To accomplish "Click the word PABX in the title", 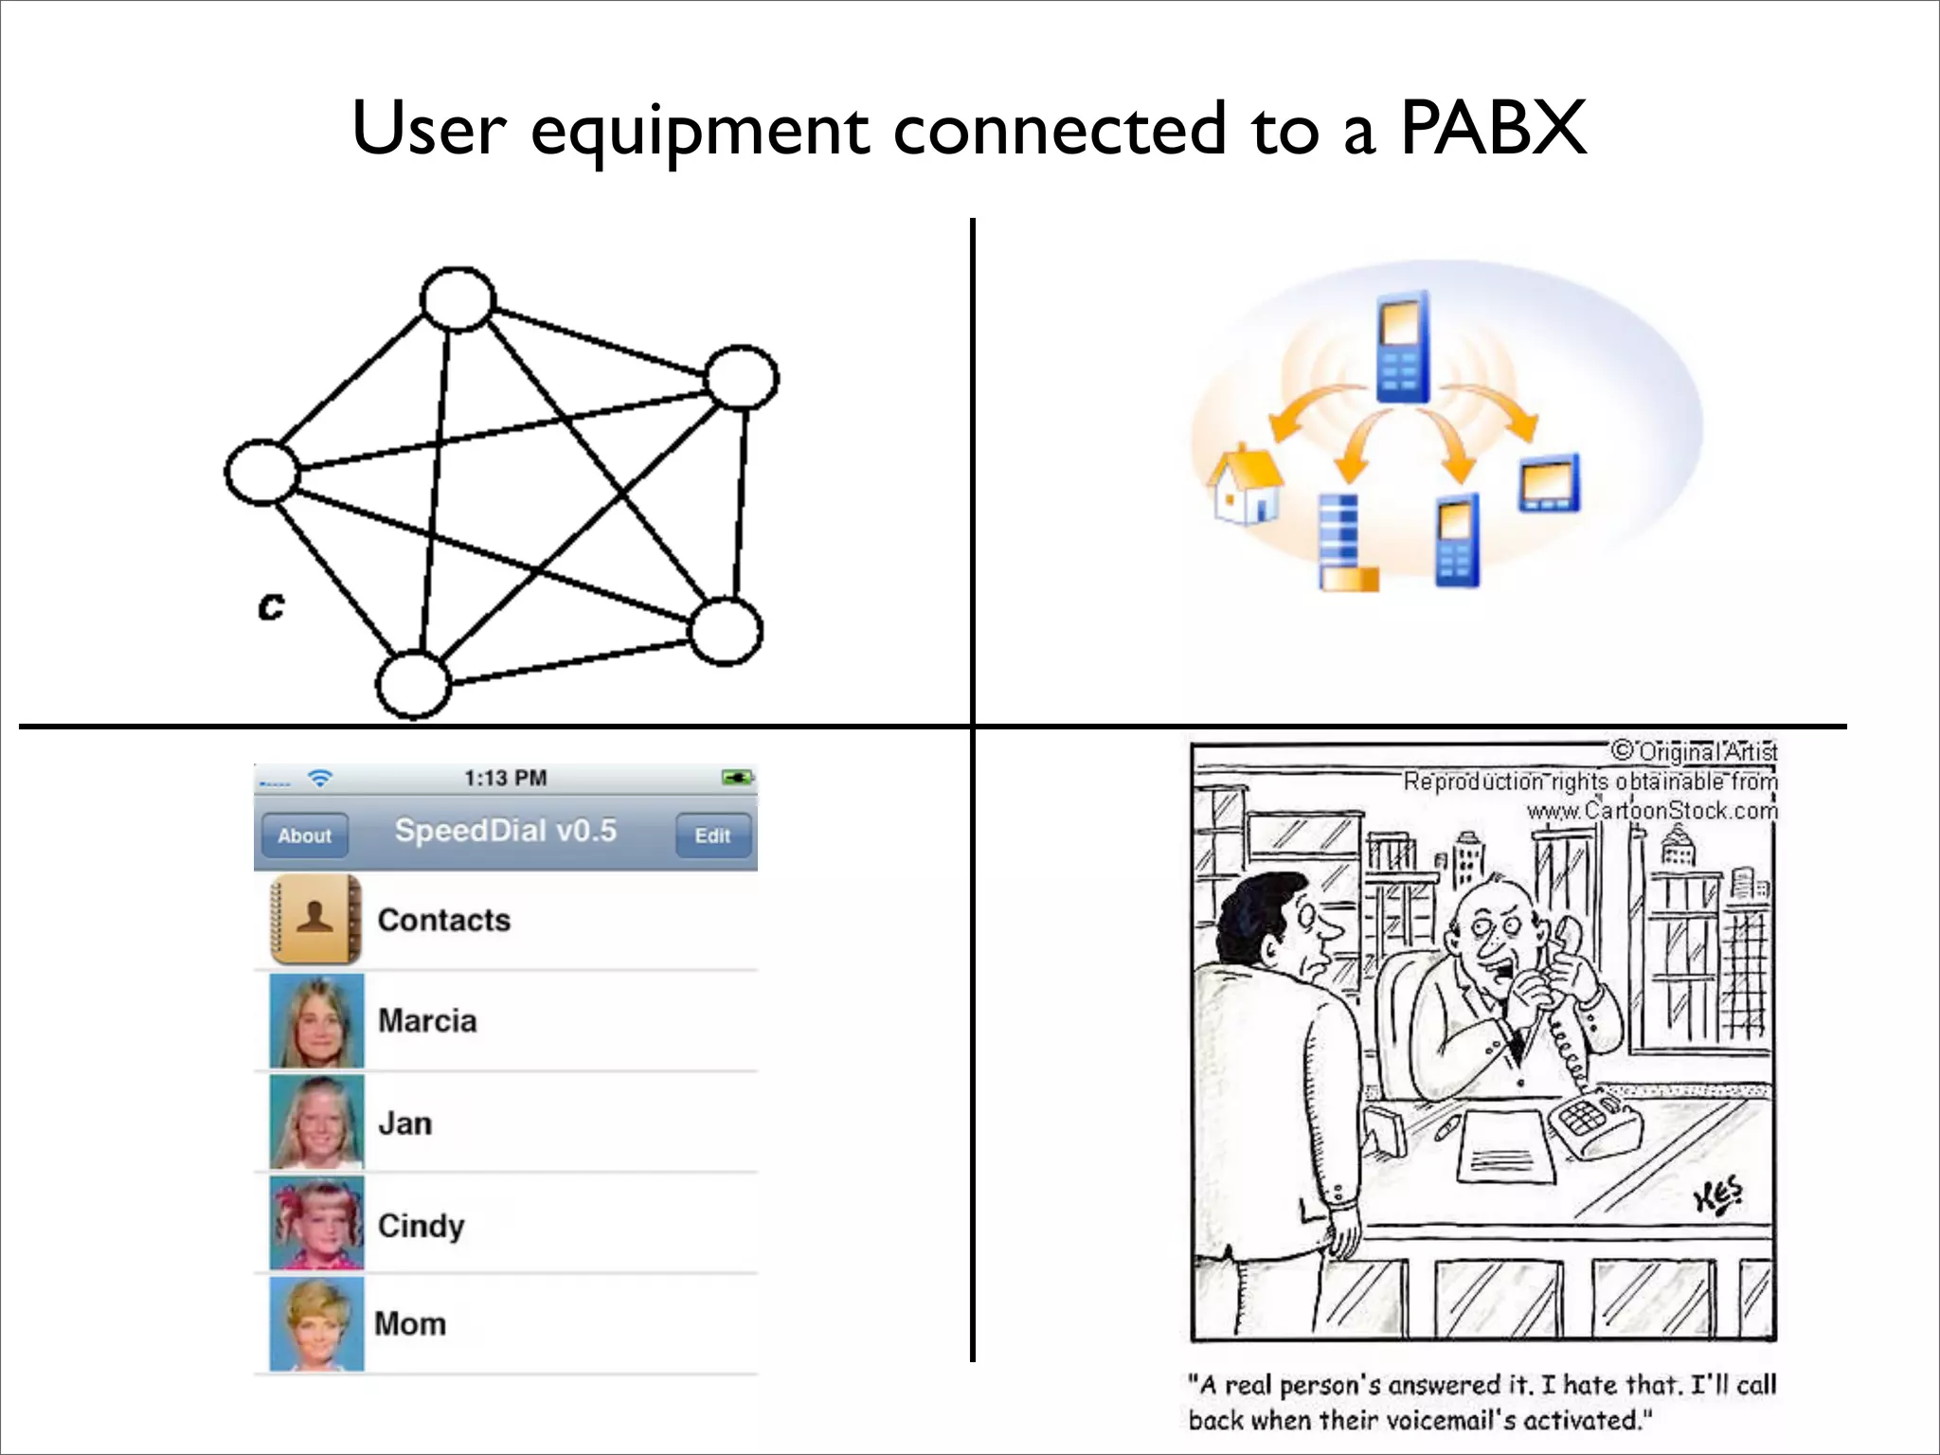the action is coord(1493,128).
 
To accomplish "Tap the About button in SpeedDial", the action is coord(304,835).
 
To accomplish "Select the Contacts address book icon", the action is coord(315,919).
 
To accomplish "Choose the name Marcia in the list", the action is coord(427,1020).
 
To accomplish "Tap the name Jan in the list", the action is coord(404,1123).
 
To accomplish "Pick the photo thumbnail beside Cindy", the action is coord(316,1223).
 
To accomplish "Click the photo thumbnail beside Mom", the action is coord(316,1323).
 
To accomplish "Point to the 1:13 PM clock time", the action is coord(505,778).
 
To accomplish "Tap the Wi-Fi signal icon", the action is coord(320,778).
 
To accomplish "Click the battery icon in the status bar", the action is coord(737,778).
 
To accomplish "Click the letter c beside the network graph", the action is coord(270,605).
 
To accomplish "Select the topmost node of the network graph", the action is coord(458,299).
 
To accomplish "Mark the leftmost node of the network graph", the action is coord(261,472).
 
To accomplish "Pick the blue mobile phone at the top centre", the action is coord(1402,347).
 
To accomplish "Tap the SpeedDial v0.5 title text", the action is coord(505,831).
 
